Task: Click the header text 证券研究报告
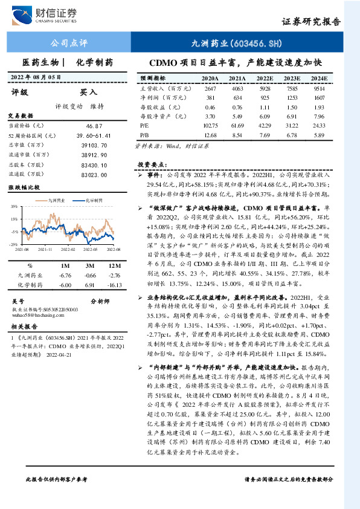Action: pos(312,21)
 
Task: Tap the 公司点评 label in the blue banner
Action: pos(68,43)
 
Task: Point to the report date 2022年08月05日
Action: pos(37,77)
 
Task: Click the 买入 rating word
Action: pos(89,92)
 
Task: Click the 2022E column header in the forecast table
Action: pos(265,79)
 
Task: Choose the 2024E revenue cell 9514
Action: pos(319,88)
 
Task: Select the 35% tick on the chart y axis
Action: pos(14,207)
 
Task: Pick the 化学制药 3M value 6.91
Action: pos(91,284)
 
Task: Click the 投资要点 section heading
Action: pos(150,164)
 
